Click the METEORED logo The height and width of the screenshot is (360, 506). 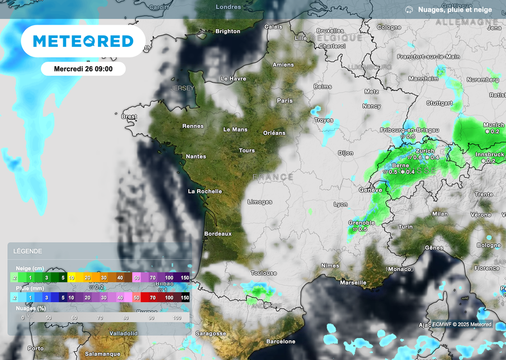point(83,41)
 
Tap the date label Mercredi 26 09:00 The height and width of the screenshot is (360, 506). point(83,69)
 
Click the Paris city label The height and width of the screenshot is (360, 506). point(285,100)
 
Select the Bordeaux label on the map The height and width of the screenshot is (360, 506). point(218,234)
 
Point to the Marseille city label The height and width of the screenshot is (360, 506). point(353,282)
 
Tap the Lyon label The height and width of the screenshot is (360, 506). point(340,204)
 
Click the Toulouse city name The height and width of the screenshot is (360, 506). point(263,273)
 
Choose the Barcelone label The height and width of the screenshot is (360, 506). point(281,341)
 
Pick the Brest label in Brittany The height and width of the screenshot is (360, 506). point(129,117)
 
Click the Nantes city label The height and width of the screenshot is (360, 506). point(196,157)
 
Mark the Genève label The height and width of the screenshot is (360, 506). point(371,190)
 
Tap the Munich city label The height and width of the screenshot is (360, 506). point(494,125)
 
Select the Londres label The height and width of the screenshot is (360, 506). point(228,7)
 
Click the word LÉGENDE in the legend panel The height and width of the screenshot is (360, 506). point(28,251)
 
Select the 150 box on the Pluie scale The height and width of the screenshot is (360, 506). point(185,297)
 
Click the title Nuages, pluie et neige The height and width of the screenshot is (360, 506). point(455,9)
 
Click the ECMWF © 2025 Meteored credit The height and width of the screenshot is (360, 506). point(462,324)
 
